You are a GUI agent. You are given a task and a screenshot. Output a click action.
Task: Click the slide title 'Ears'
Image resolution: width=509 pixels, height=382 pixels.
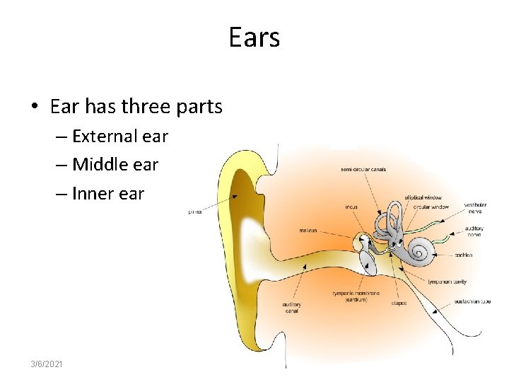pyautogui.click(x=255, y=37)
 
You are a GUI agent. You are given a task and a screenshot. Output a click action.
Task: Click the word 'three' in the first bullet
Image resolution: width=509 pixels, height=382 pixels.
pyautogui.click(x=147, y=107)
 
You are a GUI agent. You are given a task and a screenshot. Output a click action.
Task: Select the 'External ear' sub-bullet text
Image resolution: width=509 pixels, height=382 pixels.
pyautogui.click(x=119, y=136)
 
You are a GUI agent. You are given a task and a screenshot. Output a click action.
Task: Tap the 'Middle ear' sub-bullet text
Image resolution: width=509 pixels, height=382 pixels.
pyautogui.click(x=115, y=165)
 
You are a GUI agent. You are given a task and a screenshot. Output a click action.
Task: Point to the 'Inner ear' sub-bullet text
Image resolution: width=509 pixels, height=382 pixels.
pyautogui.click(x=108, y=193)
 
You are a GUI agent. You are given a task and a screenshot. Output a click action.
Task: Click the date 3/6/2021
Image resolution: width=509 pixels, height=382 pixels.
pyautogui.click(x=47, y=363)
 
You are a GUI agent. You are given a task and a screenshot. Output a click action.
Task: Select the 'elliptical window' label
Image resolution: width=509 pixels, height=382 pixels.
pyautogui.click(x=422, y=197)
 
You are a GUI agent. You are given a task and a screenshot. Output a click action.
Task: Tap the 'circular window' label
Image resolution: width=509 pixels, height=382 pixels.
pyautogui.click(x=431, y=207)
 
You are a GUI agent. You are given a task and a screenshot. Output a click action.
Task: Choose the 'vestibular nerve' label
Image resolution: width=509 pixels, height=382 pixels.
pyautogui.click(x=475, y=209)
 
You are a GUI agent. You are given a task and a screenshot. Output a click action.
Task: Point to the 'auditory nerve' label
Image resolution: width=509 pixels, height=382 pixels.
pyautogui.click(x=474, y=232)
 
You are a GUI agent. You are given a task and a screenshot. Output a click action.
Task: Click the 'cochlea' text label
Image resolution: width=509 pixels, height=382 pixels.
pyautogui.click(x=464, y=255)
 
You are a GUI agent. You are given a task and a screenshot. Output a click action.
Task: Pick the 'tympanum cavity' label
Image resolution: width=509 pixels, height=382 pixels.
pyautogui.click(x=447, y=281)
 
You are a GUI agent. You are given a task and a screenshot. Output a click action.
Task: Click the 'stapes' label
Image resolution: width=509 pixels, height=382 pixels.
pyautogui.click(x=398, y=303)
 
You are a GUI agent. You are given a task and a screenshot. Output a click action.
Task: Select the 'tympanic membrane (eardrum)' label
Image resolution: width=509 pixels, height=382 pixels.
pyautogui.click(x=356, y=296)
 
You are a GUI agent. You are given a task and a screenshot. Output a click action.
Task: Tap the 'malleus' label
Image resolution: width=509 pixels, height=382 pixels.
pyautogui.click(x=308, y=230)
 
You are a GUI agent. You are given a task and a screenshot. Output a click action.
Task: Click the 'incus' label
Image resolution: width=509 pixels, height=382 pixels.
pyautogui.click(x=351, y=207)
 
